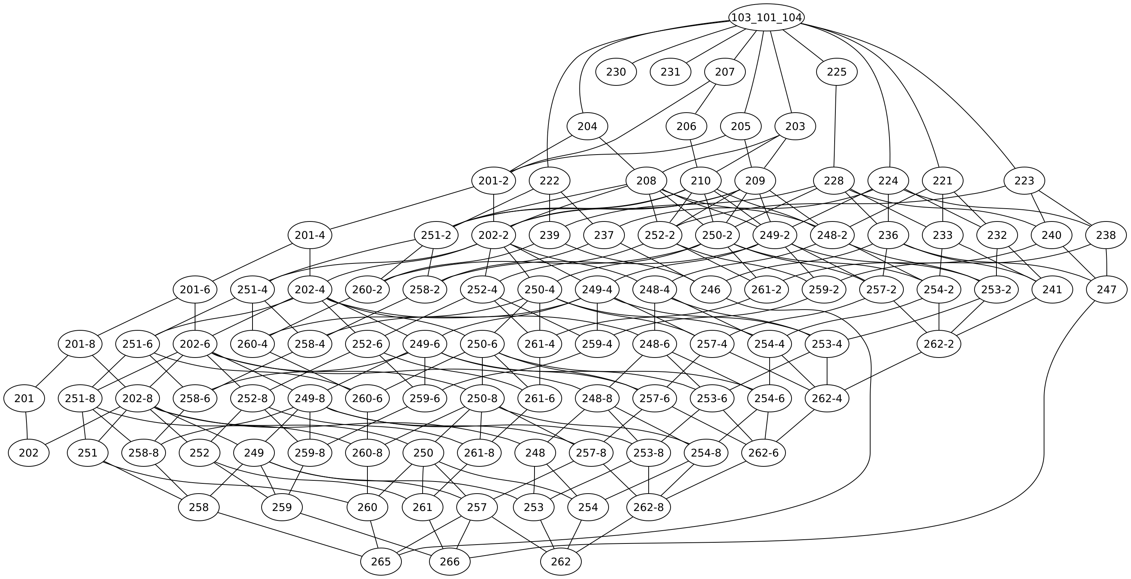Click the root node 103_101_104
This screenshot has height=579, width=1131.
click(767, 17)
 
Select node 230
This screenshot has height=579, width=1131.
click(616, 72)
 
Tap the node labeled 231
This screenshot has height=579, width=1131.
click(671, 72)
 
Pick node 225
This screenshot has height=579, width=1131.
click(837, 72)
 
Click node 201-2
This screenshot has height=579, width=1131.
click(494, 181)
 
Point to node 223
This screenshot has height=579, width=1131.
click(1024, 181)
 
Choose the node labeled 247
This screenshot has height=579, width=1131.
click(1106, 290)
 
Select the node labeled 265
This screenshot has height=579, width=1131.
click(381, 562)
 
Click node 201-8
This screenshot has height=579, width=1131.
click(80, 344)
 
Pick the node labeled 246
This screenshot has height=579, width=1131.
click(711, 290)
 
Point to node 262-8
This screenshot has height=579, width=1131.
click(649, 508)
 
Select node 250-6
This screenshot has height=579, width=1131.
click(482, 344)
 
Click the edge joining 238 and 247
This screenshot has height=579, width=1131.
click(1106, 263)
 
